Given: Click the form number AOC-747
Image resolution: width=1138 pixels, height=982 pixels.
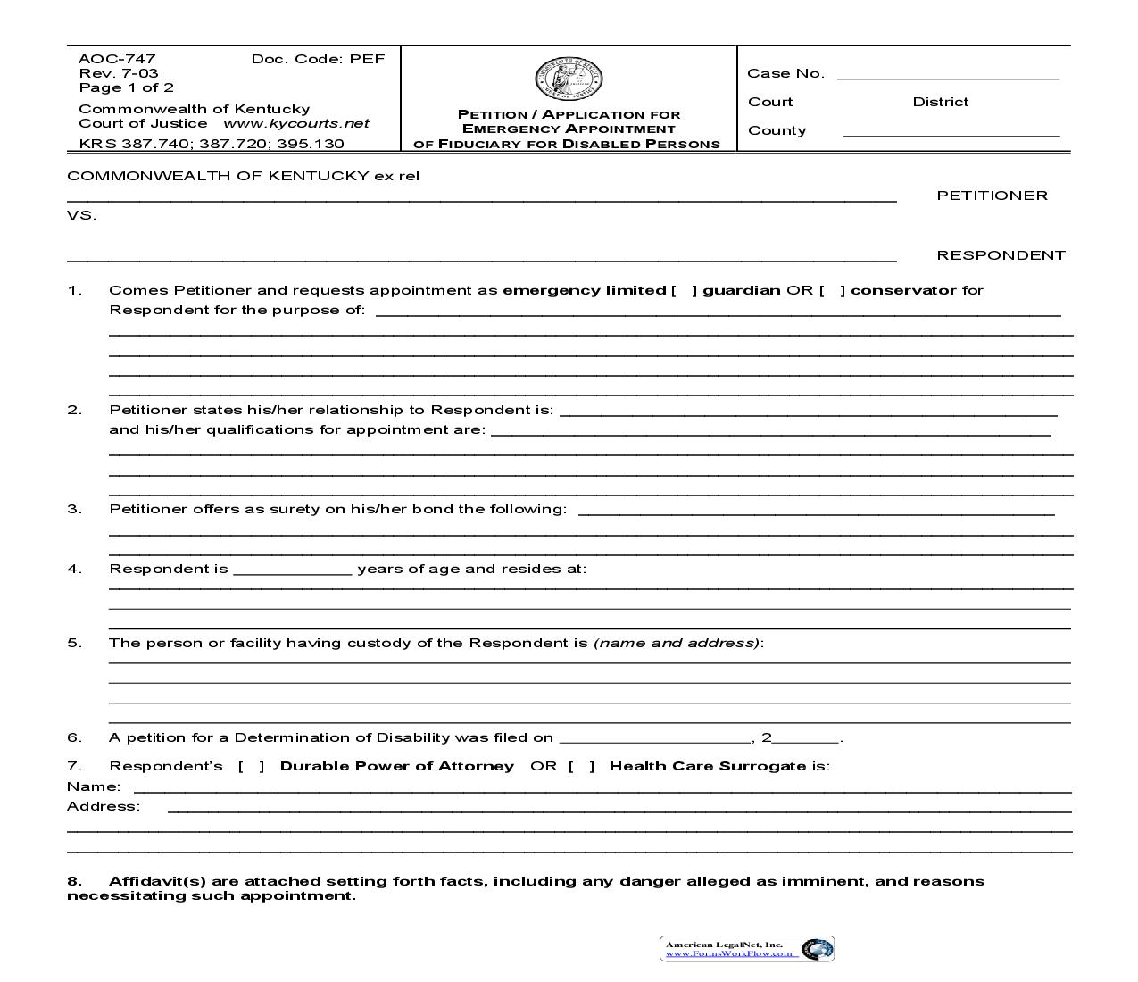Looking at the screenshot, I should (104, 59).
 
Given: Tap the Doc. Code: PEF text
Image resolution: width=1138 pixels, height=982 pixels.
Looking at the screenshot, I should (318, 59).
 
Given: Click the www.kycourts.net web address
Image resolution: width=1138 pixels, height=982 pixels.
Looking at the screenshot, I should (295, 124).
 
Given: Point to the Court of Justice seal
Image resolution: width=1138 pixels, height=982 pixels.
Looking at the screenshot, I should (569, 79).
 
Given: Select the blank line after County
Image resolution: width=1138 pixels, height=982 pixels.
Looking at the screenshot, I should (951, 134).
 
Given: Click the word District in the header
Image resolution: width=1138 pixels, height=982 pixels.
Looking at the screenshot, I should (940, 102).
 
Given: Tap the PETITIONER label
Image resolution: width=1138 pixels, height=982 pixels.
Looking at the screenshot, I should (992, 196).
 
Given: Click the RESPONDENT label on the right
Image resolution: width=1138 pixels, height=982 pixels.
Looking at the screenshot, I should (1001, 255).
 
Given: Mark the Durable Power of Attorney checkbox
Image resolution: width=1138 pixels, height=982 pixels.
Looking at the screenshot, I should (251, 766).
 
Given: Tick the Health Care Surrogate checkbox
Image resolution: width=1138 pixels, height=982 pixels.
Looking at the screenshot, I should (581, 766).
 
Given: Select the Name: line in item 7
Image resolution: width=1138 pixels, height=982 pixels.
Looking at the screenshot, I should (602, 789).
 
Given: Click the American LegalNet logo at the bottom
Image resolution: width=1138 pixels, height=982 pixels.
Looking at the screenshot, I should (747, 948).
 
